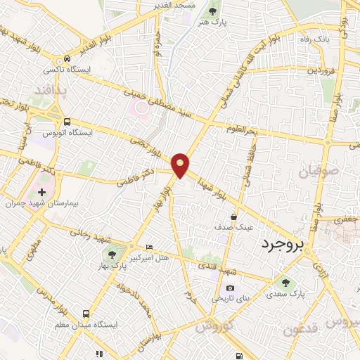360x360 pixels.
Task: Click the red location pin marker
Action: (181, 165)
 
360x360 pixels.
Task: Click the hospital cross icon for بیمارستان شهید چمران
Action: (42, 191)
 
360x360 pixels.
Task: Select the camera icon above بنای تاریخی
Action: (229, 288)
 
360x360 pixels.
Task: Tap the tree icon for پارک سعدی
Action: (285, 283)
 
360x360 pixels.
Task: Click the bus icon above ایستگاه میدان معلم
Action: (86, 314)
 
